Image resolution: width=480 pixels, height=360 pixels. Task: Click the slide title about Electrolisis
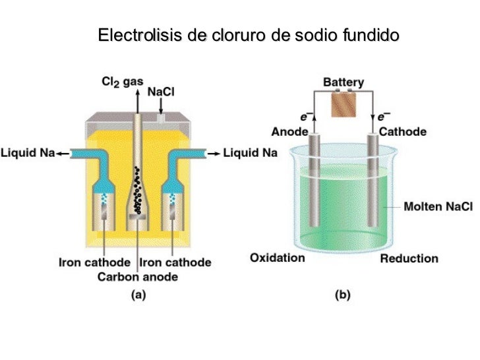[x=249, y=34]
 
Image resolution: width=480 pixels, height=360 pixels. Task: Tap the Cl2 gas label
[x=122, y=82]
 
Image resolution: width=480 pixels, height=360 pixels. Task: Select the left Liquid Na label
[x=28, y=154]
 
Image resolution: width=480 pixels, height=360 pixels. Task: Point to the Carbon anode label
[x=138, y=277]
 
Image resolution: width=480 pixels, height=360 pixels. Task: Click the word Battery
[x=343, y=82]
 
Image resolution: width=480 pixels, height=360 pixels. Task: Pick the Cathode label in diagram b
[x=402, y=131]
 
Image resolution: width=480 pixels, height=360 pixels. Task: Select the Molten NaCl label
[x=438, y=206]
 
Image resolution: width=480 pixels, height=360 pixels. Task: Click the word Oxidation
[x=278, y=257]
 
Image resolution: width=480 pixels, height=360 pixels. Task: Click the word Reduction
[x=409, y=258]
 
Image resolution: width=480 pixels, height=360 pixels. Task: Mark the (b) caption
[x=342, y=295]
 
